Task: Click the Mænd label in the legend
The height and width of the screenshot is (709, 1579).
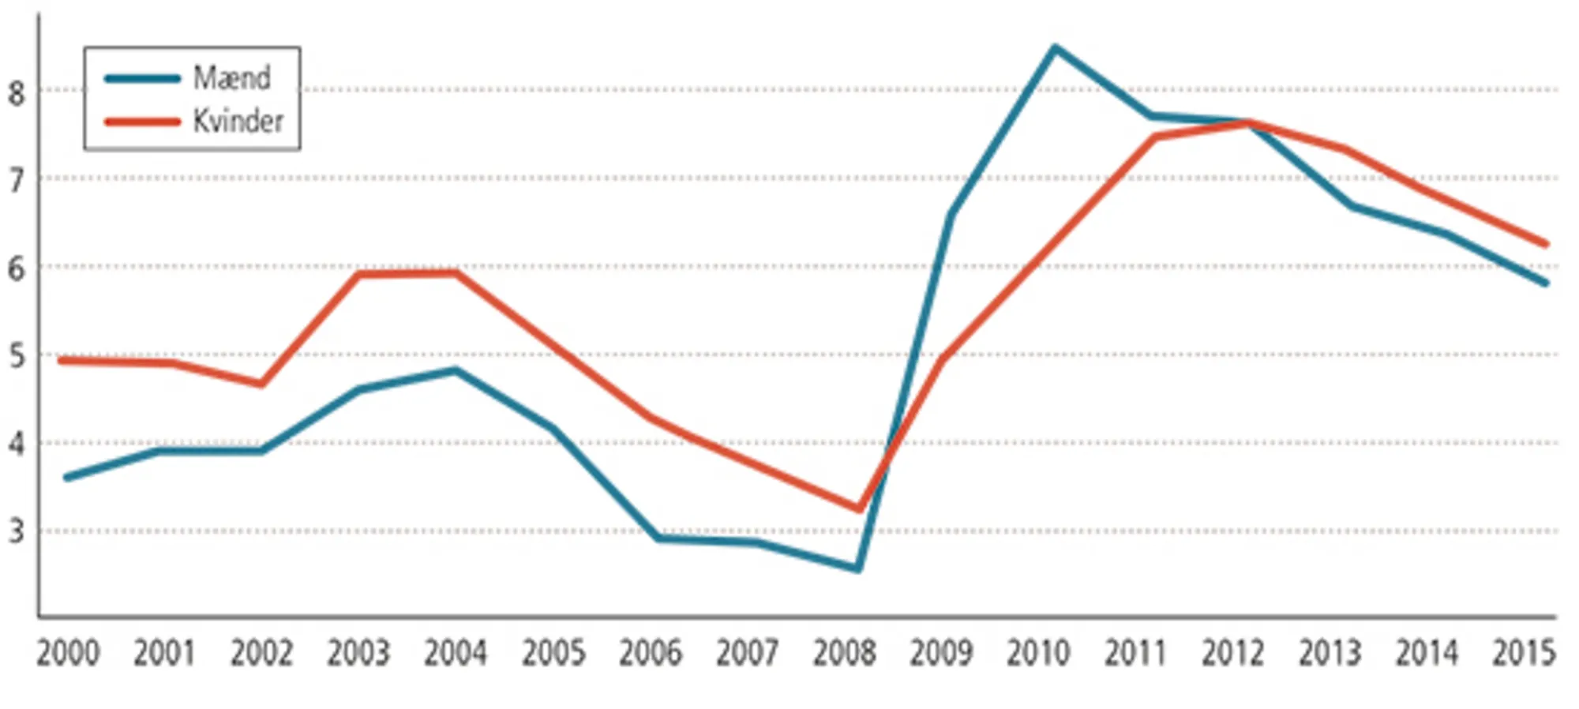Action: point(231,77)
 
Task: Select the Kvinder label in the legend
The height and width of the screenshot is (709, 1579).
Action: point(238,122)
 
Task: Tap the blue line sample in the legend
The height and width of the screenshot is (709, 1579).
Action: point(142,78)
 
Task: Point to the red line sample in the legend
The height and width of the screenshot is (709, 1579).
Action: point(142,122)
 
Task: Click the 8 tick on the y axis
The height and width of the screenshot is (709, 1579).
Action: point(17,93)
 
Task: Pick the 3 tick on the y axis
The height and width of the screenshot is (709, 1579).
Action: point(17,531)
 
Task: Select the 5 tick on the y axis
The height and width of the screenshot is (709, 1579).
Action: point(17,356)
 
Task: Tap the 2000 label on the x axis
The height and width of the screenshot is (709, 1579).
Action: point(68,654)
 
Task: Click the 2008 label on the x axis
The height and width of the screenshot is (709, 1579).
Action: point(844,654)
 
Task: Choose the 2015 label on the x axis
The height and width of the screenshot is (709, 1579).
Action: point(1523,654)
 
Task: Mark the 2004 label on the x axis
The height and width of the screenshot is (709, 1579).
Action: point(456,654)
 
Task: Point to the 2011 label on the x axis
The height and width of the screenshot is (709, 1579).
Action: point(1135,654)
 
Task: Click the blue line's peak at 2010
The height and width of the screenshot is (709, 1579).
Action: point(1055,48)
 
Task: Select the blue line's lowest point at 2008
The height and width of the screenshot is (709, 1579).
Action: point(858,568)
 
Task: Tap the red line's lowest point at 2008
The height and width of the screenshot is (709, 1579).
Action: point(859,509)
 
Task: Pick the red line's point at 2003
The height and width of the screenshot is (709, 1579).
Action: point(359,275)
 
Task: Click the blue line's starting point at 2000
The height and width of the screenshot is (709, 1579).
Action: point(66,478)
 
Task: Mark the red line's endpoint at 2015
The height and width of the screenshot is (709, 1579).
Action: point(1546,245)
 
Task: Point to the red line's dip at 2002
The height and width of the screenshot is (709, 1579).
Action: point(261,384)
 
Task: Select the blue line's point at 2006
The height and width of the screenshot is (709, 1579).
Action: point(657,538)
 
